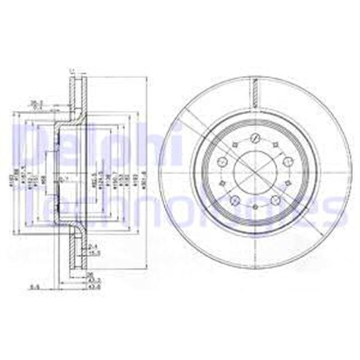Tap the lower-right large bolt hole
(x=276, y=201)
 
